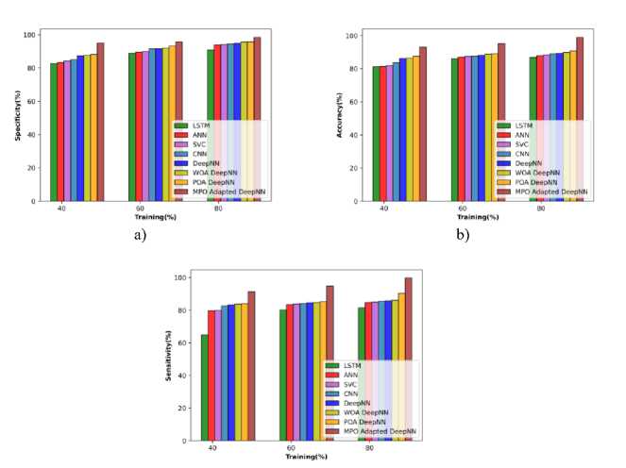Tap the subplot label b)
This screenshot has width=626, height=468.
click(x=462, y=235)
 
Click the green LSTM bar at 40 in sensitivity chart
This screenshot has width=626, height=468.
click(x=204, y=387)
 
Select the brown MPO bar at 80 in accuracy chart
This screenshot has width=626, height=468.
click(x=580, y=119)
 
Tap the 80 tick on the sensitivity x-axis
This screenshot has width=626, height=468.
click(x=370, y=449)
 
